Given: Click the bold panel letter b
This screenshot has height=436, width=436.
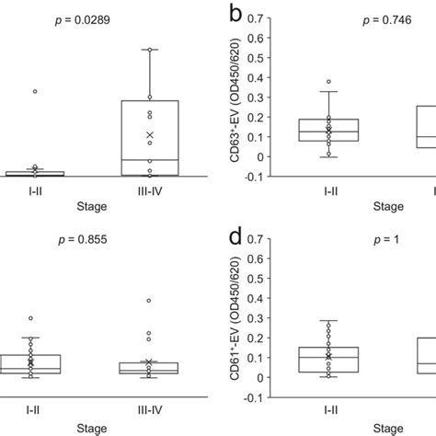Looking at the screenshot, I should (x=236, y=16).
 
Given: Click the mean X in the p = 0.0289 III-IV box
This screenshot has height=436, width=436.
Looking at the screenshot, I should (x=150, y=135).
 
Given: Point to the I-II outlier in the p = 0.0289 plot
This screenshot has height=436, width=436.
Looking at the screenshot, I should (x=35, y=91).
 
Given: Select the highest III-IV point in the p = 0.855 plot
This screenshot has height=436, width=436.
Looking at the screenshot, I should (x=150, y=300).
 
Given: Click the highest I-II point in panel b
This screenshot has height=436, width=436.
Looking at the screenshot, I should (x=329, y=82).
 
